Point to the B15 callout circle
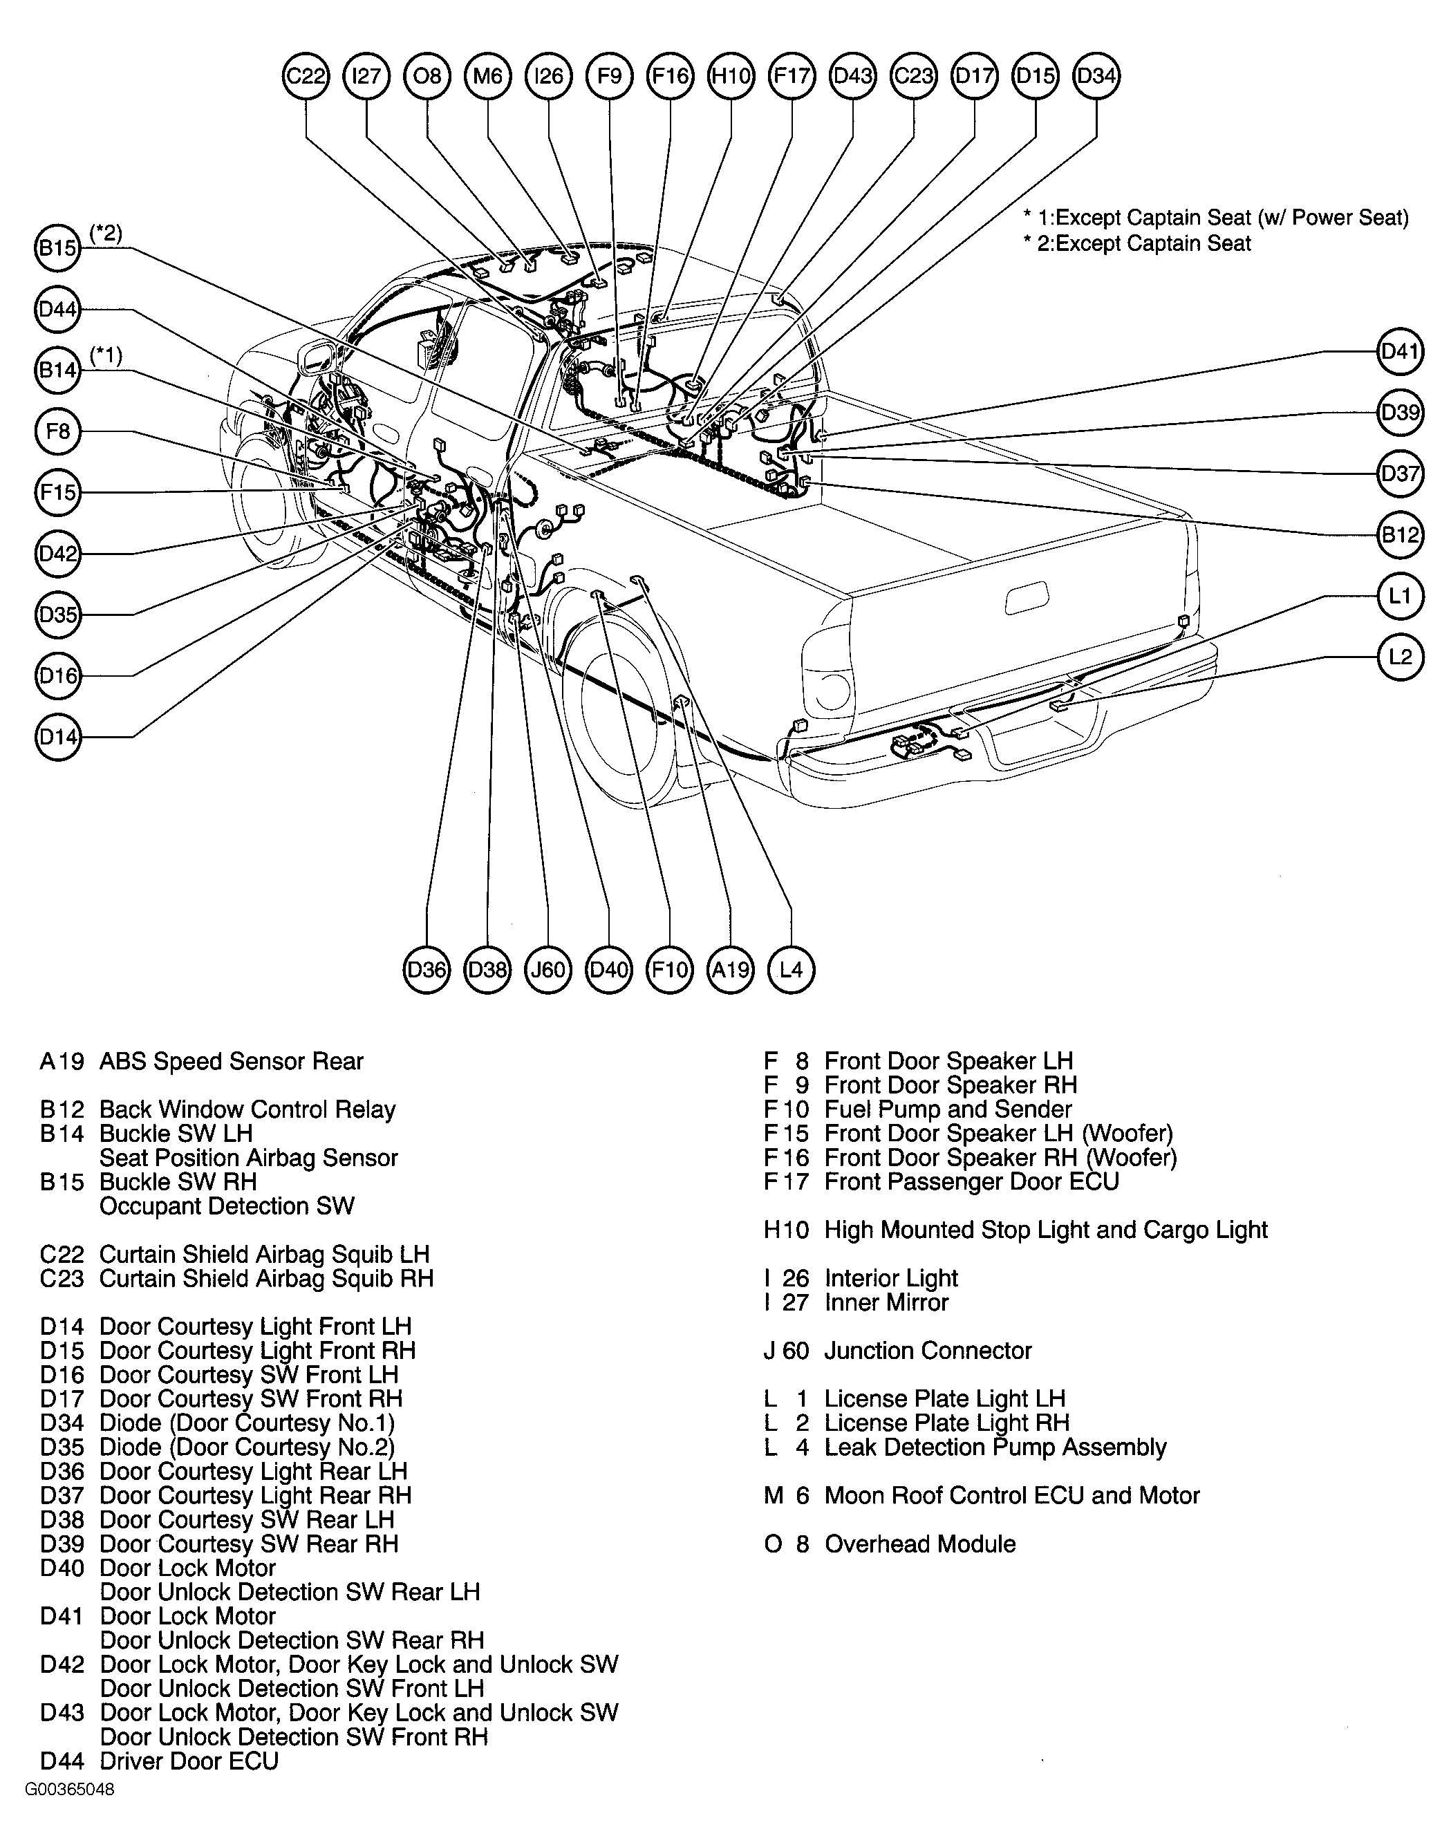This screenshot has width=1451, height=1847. (x=58, y=248)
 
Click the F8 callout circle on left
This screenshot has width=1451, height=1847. (x=58, y=431)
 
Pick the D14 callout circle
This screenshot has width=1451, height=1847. (x=58, y=737)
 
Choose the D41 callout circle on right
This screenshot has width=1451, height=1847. (x=1400, y=351)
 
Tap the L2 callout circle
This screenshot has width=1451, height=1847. (x=1400, y=657)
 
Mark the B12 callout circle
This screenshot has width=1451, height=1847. (x=1400, y=534)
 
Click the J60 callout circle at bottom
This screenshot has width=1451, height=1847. (x=548, y=969)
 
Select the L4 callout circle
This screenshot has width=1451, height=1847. (x=791, y=969)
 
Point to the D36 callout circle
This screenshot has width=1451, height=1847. (x=427, y=969)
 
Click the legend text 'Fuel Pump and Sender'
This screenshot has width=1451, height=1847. (x=948, y=1109)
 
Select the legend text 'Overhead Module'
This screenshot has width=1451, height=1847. (x=920, y=1544)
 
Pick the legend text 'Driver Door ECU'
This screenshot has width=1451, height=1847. (x=189, y=1761)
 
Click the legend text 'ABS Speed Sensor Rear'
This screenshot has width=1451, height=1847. (x=231, y=1061)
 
